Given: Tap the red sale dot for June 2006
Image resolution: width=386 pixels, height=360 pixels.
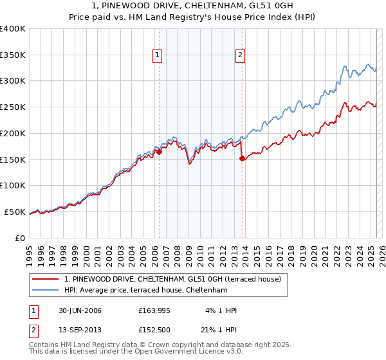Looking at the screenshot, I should click(159, 152).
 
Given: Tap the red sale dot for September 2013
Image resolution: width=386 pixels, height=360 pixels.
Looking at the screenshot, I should click(242, 158).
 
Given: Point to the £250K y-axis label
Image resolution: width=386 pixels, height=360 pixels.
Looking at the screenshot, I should click(13, 107).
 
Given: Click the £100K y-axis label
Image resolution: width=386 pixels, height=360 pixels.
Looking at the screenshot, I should click(13, 186).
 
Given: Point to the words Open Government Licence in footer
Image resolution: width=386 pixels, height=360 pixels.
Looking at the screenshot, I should click(198, 352).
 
